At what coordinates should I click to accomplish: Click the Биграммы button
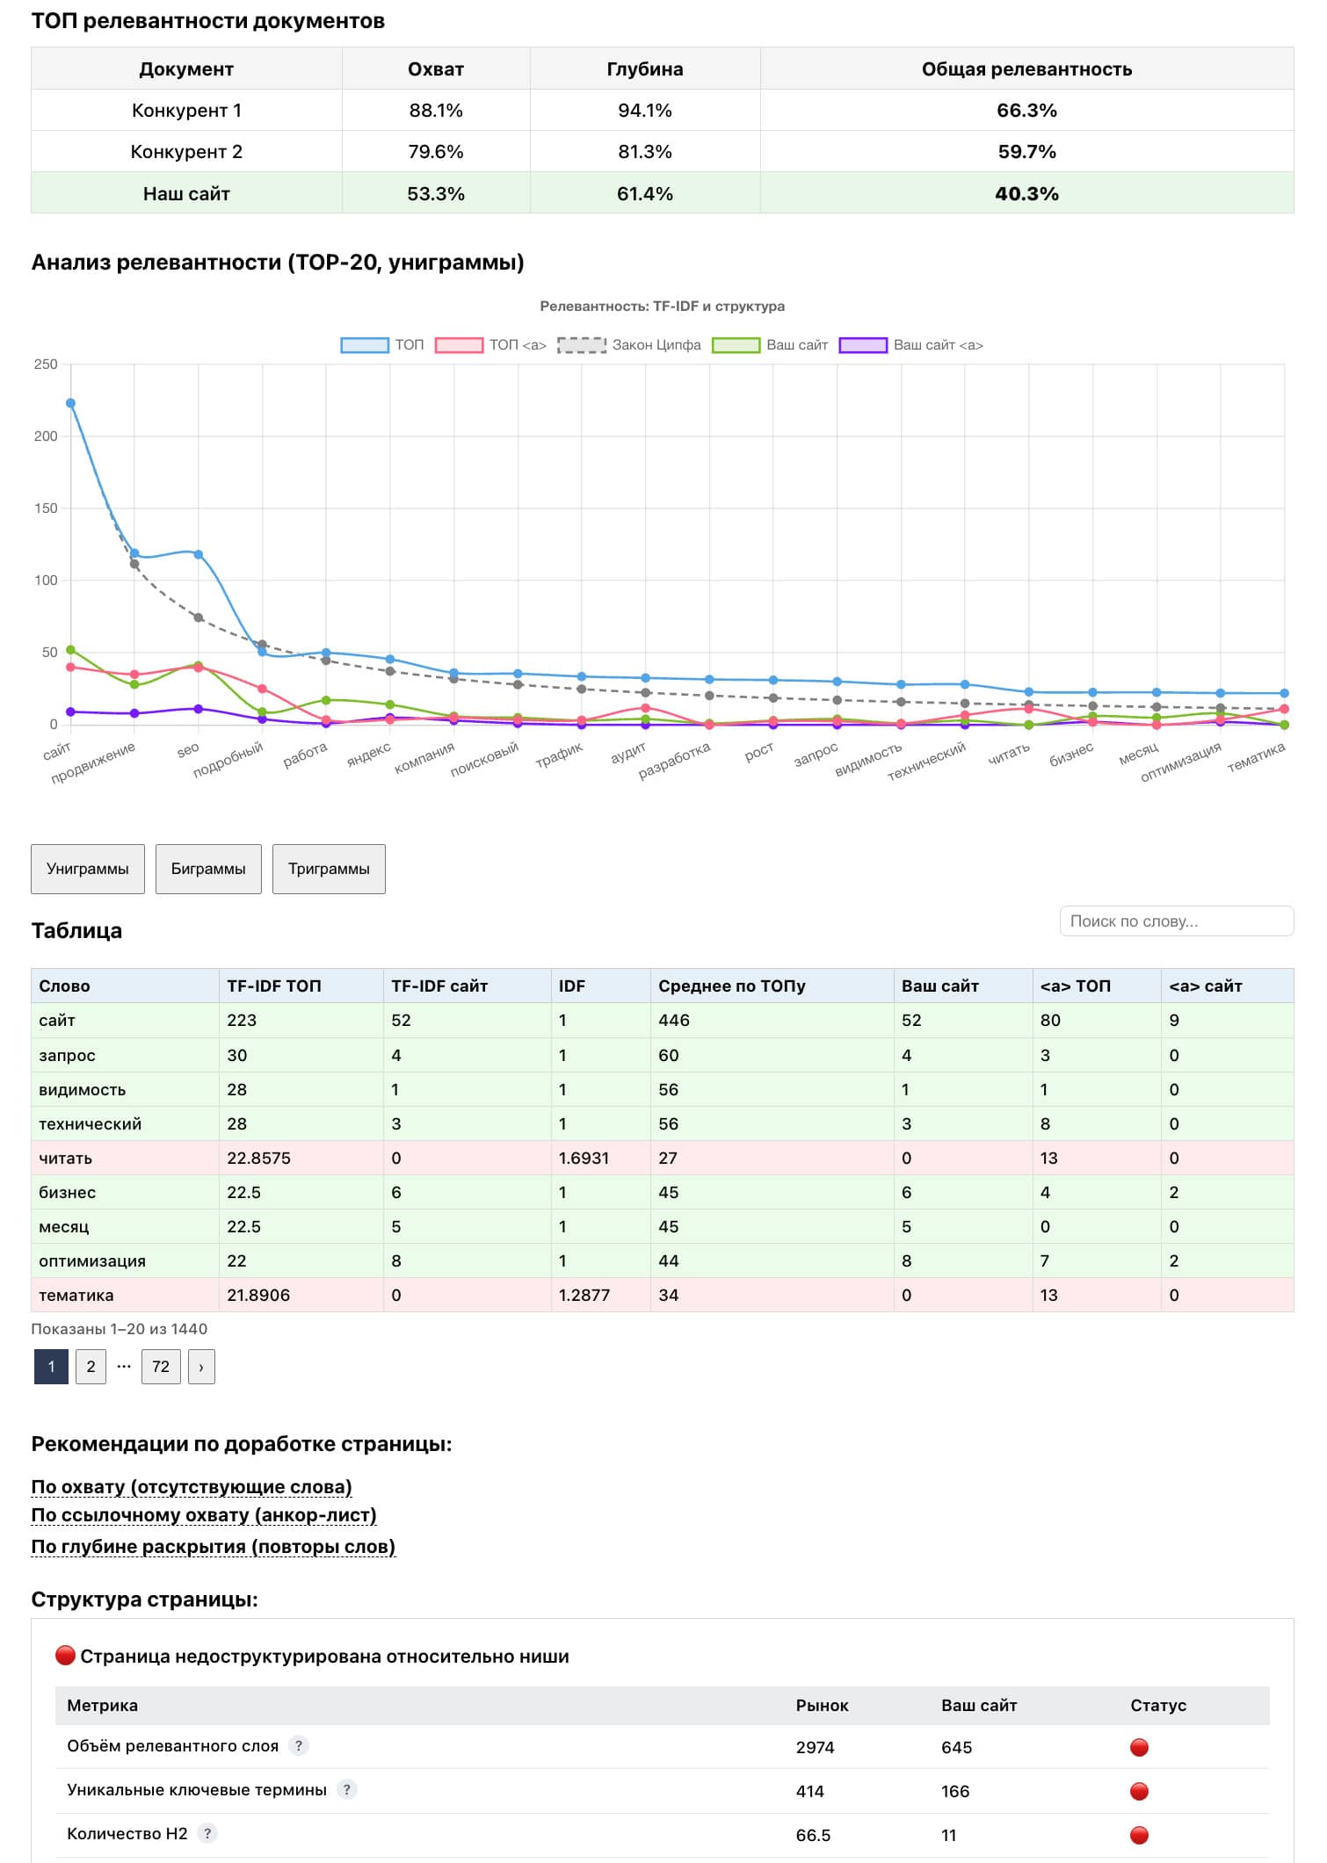208,869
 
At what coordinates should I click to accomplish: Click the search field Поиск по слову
1176,921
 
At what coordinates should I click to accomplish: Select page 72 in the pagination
161,1367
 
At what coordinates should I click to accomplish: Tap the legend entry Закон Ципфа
629,345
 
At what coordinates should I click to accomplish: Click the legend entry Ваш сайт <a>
911,345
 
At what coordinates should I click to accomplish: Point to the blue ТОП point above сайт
71,403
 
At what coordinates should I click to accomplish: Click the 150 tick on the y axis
46,508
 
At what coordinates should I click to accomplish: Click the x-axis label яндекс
369,754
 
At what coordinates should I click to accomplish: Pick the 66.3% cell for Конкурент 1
1026,111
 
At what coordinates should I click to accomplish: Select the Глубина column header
644,69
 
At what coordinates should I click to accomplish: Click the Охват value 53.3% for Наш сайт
435,194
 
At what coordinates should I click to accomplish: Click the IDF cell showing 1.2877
584,1295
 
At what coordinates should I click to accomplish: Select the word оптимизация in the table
92,1260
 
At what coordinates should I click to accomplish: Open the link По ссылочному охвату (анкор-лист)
204,1514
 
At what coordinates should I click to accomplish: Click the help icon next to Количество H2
207,1832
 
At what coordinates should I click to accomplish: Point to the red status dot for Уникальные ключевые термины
1139,1790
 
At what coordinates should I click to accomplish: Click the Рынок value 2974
815,1747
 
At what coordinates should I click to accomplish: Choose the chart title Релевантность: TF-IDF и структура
662,306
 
